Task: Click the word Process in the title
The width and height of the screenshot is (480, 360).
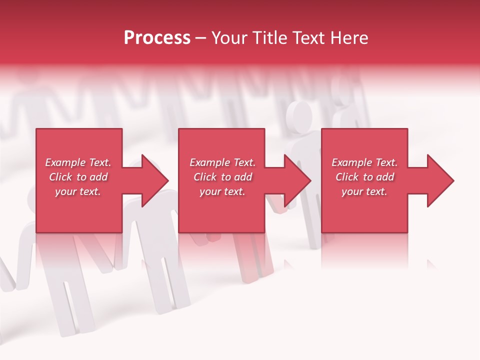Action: point(157,38)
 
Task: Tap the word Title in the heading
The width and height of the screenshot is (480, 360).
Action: point(270,38)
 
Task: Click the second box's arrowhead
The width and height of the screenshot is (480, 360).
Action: point(296,180)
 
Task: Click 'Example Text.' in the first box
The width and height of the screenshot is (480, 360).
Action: point(78,162)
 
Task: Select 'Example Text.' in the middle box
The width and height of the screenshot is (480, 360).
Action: point(222,162)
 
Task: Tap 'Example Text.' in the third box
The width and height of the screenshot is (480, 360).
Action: point(364,162)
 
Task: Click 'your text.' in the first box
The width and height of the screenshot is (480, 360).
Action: point(78,191)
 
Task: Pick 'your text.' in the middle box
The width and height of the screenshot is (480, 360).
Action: point(222,191)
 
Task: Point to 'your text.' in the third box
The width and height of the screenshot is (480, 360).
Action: point(364,191)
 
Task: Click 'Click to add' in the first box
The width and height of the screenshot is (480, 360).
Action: point(78,177)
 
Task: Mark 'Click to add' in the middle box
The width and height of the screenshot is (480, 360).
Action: point(222,177)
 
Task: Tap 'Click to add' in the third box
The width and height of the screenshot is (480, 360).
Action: point(364,177)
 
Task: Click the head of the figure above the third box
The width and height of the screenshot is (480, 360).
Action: point(300,116)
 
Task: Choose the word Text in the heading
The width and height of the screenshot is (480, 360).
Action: point(306,38)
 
